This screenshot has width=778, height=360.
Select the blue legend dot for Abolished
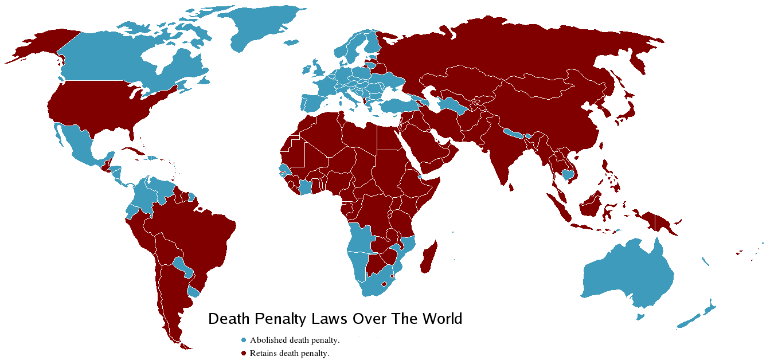pyautogui.click(x=244, y=340)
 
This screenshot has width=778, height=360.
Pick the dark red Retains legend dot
pyautogui.click(x=244, y=353)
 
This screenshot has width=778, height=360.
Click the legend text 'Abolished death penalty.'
pyautogui.click(x=295, y=340)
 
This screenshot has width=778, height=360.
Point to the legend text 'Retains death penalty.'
pyautogui.click(x=290, y=353)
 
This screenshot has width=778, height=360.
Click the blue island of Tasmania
pyautogui.click(x=641, y=316)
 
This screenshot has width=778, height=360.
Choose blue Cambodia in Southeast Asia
pyautogui.click(x=568, y=174)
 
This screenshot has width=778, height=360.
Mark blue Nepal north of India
pyautogui.click(x=514, y=134)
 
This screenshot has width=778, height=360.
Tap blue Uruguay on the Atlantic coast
pyautogui.click(x=194, y=292)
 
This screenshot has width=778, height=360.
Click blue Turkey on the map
pyautogui.click(x=397, y=105)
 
